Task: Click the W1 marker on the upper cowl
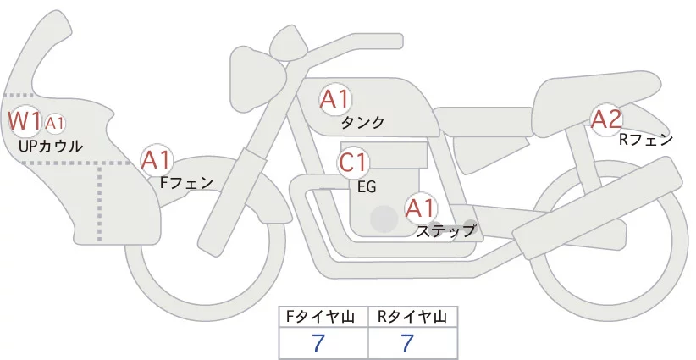tap(25, 121)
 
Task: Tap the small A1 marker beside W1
tap(55, 124)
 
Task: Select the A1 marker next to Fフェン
tap(157, 159)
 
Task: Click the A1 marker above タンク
tap(334, 99)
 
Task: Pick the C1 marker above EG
tap(353, 162)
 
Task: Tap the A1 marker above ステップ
tap(421, 207)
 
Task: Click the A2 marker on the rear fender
tap(606, 119)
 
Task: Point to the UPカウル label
tap(50, 147)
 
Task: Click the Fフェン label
tap(186, 181)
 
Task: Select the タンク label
tap(362, 123)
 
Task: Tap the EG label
tap(367, 186)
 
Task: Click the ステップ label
tap(445, 230)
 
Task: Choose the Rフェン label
tap(646, 140)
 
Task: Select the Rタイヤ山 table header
tap(412, 317)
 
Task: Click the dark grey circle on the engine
tap(384, 219)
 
